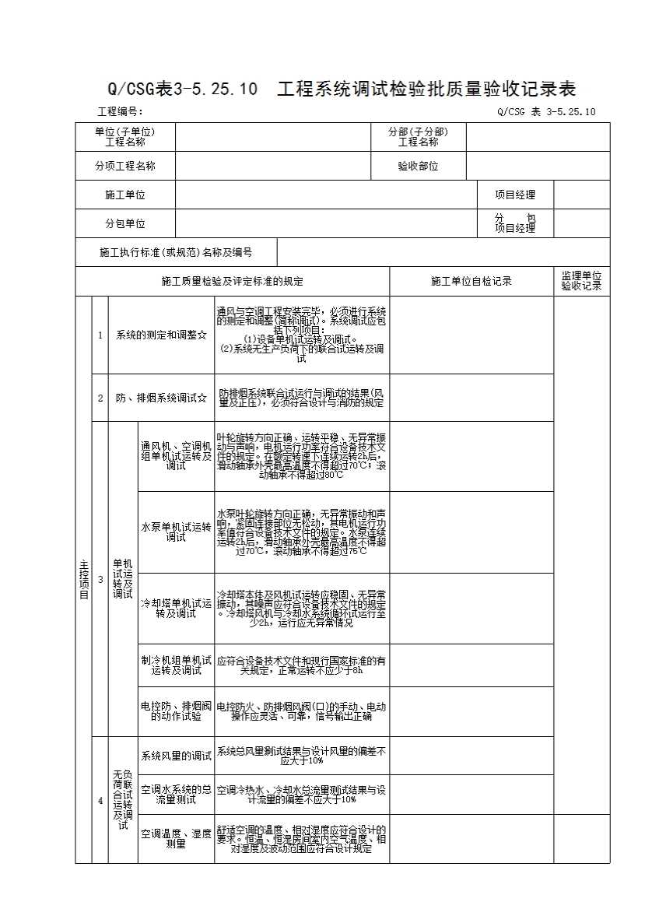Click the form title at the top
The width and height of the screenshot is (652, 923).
coord(342,88)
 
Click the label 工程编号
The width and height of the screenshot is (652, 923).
coord(120,111)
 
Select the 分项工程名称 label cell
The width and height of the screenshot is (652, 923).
coord(125,166)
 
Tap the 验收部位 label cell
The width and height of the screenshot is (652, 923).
coord(419,166)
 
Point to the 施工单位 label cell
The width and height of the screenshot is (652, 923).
coord(125,195)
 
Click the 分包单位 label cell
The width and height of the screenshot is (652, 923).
coord(125,223)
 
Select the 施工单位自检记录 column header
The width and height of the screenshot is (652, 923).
coord(471,281)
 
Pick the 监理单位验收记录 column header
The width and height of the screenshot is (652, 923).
coord(582,281)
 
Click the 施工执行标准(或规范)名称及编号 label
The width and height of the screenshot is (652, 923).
coord(176,252)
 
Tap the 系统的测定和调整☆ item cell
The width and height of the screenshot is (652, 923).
coord(162,335)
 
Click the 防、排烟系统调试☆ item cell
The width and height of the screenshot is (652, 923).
coord(162,398)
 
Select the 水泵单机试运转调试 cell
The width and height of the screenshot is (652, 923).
coord(176,532)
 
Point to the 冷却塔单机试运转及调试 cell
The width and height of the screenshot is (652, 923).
coord(176,608)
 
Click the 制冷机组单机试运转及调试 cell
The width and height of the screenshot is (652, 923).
coord(176,665)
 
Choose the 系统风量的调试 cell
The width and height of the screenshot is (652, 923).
coord(176,756)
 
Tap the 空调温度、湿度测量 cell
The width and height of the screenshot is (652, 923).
coord(176,838)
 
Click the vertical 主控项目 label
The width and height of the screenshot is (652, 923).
coord(83,579)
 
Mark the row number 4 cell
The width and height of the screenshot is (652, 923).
coord(100,800)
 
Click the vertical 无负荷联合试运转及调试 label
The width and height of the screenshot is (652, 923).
coord(123,800)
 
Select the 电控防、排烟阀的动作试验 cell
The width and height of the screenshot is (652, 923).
coord(176,711)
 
